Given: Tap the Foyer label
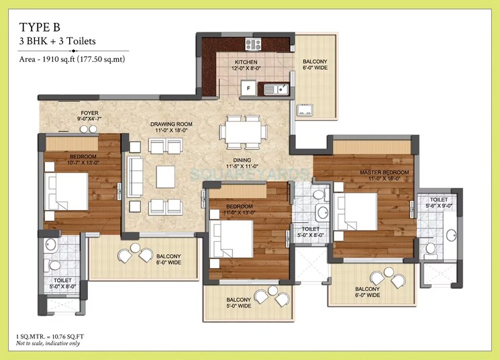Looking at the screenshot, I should click(x=91, y=116).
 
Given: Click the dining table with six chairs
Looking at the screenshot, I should click(x=243, y=132).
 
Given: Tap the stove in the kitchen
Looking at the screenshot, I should click(x=253, y=44).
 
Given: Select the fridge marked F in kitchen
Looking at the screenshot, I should click(x=248, y=88).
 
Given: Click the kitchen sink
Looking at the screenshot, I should click(x=276, y=88).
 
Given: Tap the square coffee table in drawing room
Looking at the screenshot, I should click(x=166, y=177).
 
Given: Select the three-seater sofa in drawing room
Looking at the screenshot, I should click(x=136, y=176).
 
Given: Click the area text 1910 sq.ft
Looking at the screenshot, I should click(x=72, y=60).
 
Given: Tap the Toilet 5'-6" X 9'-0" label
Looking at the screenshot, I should click(x=439, y=204).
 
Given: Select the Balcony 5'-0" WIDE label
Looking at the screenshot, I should click(x=240, y=303).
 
